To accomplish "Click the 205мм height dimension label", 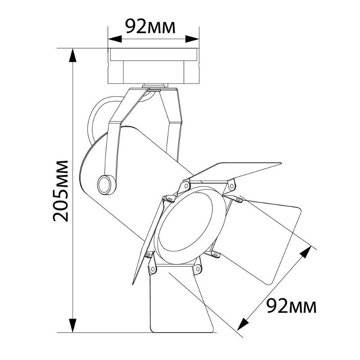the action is tap(61, 191).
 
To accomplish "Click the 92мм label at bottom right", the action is tap(292, 306).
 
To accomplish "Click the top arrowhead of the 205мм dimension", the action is tap(73, 55).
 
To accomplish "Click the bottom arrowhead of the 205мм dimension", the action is tap(73, 325).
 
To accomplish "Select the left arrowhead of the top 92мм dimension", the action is tap(115, 39).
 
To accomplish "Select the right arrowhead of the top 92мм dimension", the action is tap(192, 39).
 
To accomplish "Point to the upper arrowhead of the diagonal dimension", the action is tap(306, 252).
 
